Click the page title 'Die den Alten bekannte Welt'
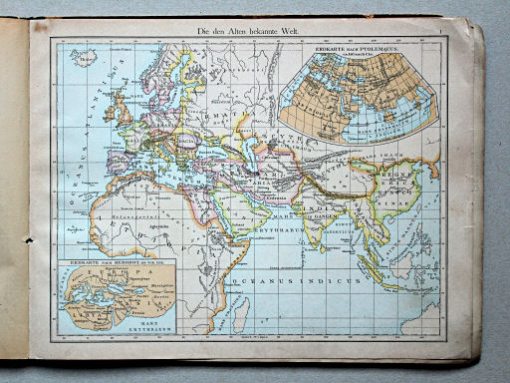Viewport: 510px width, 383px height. tap(253, 31)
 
